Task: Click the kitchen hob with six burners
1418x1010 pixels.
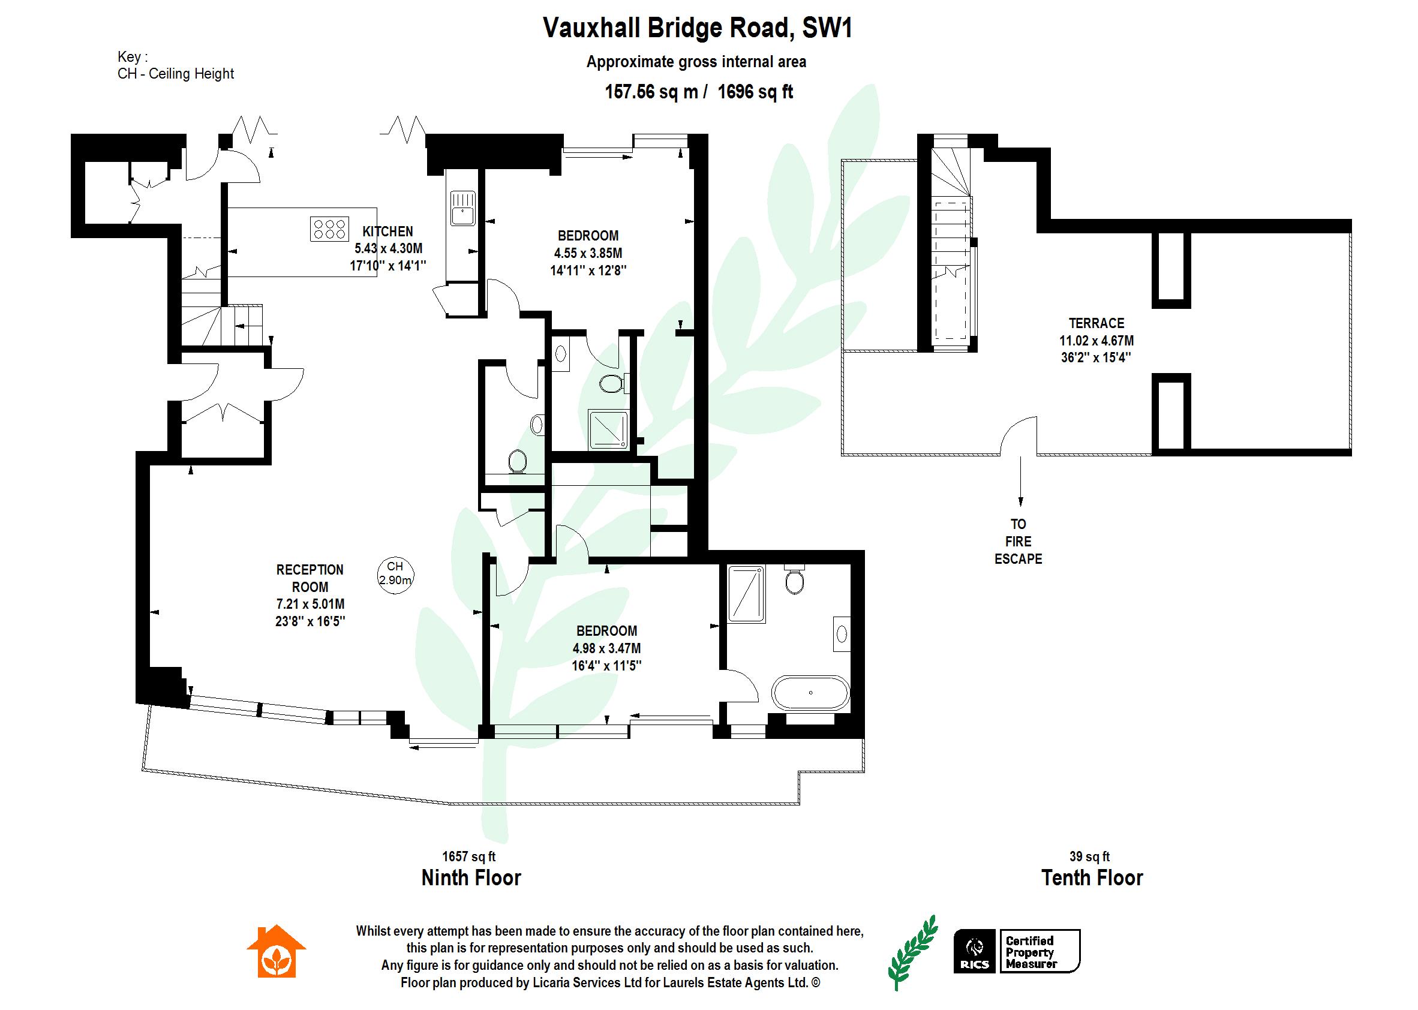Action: point(328,229)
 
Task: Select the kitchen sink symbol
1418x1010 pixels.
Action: point(462,208)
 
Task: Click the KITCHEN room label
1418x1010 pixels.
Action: point(387,232)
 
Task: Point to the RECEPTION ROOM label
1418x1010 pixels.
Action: point(310,578)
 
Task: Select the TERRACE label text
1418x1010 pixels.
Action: point(1096,323)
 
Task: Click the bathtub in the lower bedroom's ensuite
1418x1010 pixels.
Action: point(810,693)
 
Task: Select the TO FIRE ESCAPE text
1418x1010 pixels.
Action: point(1018,541)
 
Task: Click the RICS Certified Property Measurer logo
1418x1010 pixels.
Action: point(1017,951)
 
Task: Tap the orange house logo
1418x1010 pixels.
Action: point(276,952)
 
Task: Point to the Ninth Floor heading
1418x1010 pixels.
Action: point(471,877)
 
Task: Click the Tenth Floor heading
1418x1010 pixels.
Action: point(1092,877)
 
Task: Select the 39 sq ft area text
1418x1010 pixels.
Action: point(1089,856)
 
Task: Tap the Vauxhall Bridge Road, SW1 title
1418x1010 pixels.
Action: point(696,29)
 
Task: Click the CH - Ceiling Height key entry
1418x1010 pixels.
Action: point(175,73)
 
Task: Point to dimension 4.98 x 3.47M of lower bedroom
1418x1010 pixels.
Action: point(606,648)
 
